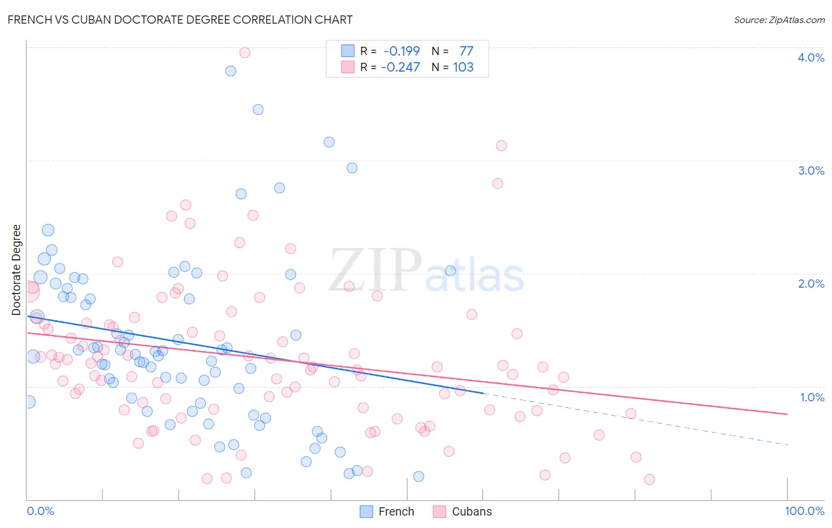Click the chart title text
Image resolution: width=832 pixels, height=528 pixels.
[x=180, y=20]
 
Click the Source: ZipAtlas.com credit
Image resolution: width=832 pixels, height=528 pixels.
[x=779, y=20]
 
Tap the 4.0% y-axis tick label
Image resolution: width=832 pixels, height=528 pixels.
[x=811, y=57]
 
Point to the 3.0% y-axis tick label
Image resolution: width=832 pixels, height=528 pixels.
[x=811, y=170]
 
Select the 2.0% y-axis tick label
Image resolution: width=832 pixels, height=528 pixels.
[x=811, y=284]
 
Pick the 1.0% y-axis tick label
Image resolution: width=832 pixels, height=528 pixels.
[x=812, y=397]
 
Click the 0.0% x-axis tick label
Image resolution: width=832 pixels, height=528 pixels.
[x=40, y=511]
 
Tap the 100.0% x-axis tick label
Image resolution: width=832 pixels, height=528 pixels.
[x=804, y=511]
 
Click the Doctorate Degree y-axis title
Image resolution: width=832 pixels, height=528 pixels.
[x=16, y=270]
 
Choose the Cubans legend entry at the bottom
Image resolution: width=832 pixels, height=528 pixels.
[x=462, y=511]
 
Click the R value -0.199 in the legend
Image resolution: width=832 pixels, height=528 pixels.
[x=401, y=51]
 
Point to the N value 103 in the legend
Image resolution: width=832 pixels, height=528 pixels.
[x=463, y=67]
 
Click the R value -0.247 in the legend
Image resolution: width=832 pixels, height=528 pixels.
[x=400, y=67]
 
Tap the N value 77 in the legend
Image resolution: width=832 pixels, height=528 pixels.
[x=466, y=51]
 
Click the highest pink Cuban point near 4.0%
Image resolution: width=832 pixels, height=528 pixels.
[x=244, y=53]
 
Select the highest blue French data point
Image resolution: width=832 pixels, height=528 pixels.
[x=231, y=71]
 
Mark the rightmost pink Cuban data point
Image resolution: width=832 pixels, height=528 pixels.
[x=649, y=479]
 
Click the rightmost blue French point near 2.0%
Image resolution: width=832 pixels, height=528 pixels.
[x=450, y=271]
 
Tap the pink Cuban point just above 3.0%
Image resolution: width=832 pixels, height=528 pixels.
[x=501, y=146]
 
